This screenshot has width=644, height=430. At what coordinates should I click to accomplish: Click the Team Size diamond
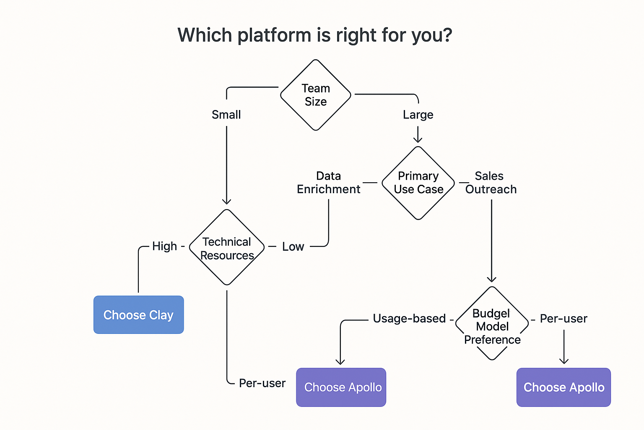pyautogui.click(x=315, y=95)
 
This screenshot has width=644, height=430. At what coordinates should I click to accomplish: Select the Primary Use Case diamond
pyautogui.click(x=418, y=183)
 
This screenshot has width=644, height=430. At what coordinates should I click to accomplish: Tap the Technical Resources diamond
pyautogui.click(x=227, y=248)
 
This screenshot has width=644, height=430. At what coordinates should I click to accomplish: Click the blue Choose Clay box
pyautogui.click(x=138, y=315)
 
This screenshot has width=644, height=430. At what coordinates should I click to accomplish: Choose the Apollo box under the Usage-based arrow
pyautogui.click(x=341, y=387)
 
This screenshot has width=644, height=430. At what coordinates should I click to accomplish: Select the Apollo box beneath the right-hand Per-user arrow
pyautogui.click(x=563, y=387)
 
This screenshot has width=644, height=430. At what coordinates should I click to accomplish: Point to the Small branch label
pyautogui.click(x=226, y=115)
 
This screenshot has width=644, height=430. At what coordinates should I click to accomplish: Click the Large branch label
pyautogui.click(x=418, y=115)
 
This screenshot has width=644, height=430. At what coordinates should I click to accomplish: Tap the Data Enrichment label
pyautogui.click(x=328, y=183)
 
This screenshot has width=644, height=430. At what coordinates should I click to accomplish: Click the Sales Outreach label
pyautogui.click(x=491, y=183)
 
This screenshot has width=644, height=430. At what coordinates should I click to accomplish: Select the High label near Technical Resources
pyautogui.click(x=164, y=246)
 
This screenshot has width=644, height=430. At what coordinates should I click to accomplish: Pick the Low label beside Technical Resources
pyautogui.click(x=293, y=246)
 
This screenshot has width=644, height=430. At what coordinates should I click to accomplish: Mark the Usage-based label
pyautogui.click(x=409, y=318)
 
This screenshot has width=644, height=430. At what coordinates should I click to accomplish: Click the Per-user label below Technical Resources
pyautogui.click(x=262, y=383)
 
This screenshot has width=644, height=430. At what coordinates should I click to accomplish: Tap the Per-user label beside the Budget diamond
pyautogui.click(x=563, y=318)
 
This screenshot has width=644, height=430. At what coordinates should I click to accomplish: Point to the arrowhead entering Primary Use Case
pyautogui.click(x=418, y=139)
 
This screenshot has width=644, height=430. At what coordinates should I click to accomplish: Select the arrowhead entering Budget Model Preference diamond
pyautogui.click(x=491, y=279)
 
